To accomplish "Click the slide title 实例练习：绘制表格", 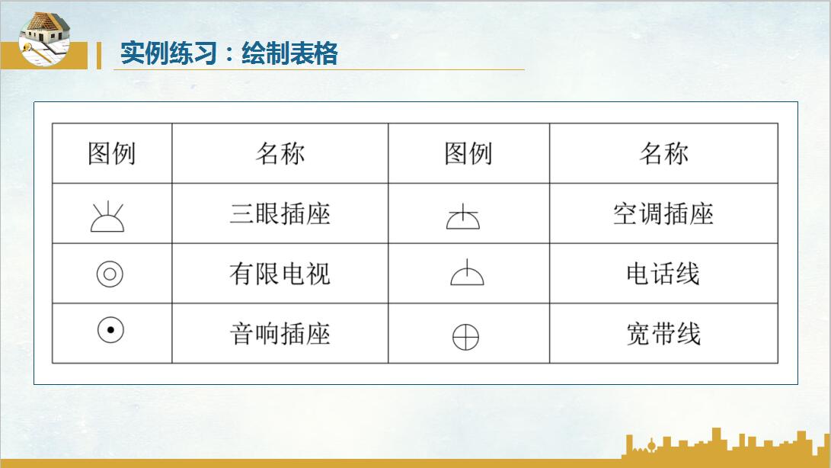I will pos(229,54).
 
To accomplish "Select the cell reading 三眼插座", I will pos(280,213).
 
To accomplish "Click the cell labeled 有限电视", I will pos(280,274).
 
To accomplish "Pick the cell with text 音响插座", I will pos(280,334).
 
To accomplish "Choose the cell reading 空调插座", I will pos(663,213).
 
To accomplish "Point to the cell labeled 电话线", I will pos(663,274).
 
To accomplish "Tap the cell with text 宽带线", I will pos(663,334).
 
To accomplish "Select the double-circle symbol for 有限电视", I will pos(110,274).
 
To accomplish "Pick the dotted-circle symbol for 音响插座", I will pos(110,330).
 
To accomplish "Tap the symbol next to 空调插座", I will pos(463,218).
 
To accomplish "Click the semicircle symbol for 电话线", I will pos(467,274).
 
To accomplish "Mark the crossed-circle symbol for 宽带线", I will pos(466,336).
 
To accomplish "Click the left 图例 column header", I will pos(111,154).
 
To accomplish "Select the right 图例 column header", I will pos(468,154).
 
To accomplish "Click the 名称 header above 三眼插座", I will pos(280,154).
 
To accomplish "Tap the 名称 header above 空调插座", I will pos(663,154).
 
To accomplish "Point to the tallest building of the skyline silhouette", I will pos(716,442).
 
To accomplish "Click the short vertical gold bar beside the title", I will pos(98,55).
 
